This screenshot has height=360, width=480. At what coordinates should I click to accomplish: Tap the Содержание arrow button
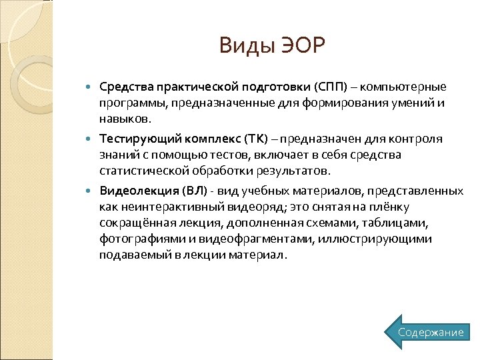click(430, 332)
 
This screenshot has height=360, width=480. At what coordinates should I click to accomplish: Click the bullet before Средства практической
click(91, 88)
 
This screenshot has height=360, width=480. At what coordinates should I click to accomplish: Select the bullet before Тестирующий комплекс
click(91, 139)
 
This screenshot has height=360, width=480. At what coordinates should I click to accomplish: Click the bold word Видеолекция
click(138, 191)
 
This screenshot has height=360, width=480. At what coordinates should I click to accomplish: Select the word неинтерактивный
click(163, 207)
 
